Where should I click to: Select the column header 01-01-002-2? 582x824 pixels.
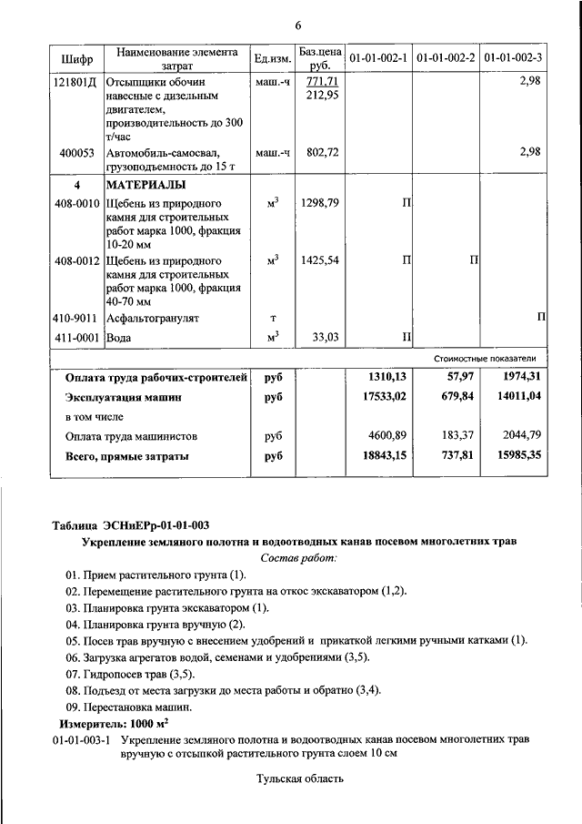(x=446, y=58)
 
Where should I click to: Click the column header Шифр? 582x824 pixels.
(x=77, y=58)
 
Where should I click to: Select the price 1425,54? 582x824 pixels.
(x=319, y=260)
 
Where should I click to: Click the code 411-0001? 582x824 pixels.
(x=76, y=338)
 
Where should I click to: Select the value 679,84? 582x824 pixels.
(x=457, y=397)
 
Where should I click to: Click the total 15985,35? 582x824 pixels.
(x=517, y=455)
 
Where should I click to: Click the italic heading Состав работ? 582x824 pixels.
(x=297, y=557)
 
